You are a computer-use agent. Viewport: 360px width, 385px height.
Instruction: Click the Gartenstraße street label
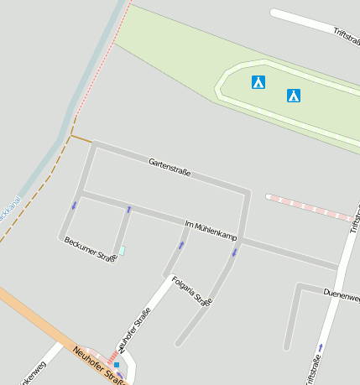[170, 167]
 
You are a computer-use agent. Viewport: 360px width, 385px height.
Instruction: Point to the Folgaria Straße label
[191, 290]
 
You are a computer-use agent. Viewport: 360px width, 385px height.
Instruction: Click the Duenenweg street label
[342, 295]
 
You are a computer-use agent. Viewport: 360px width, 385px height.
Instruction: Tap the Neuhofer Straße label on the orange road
[99, 365]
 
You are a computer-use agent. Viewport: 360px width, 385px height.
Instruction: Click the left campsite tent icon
[258, 82]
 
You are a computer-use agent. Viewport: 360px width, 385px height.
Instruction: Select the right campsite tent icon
[294, 96]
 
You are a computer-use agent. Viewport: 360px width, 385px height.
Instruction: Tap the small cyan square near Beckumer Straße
[122, 250]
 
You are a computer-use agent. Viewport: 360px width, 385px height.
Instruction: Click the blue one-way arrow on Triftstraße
[320, 346]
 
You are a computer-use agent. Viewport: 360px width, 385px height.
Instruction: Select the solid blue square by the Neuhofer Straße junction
[117, 366]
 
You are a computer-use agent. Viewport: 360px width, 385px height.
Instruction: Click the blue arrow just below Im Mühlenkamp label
[181, 245]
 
